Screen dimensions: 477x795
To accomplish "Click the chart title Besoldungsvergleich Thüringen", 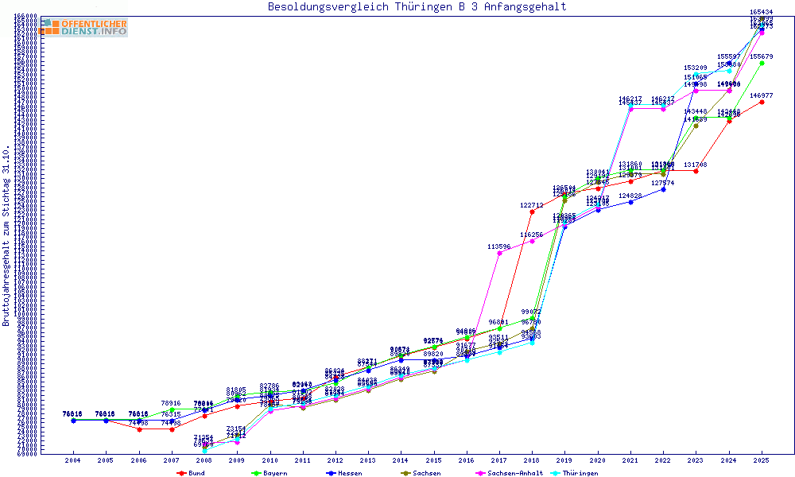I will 417,7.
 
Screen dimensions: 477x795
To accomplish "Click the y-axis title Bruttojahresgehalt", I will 6,236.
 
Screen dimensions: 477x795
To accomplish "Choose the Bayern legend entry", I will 268,473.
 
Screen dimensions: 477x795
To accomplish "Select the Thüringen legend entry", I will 577,473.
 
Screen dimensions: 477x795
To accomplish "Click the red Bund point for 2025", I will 762,102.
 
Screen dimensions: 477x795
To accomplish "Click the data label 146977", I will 762,95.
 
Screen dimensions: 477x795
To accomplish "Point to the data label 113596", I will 498,247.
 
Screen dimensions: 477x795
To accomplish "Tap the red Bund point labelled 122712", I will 532,211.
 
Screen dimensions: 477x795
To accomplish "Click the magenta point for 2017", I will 498,254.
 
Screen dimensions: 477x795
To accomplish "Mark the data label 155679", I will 762,56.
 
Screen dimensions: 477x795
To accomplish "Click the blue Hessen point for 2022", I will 663,189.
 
